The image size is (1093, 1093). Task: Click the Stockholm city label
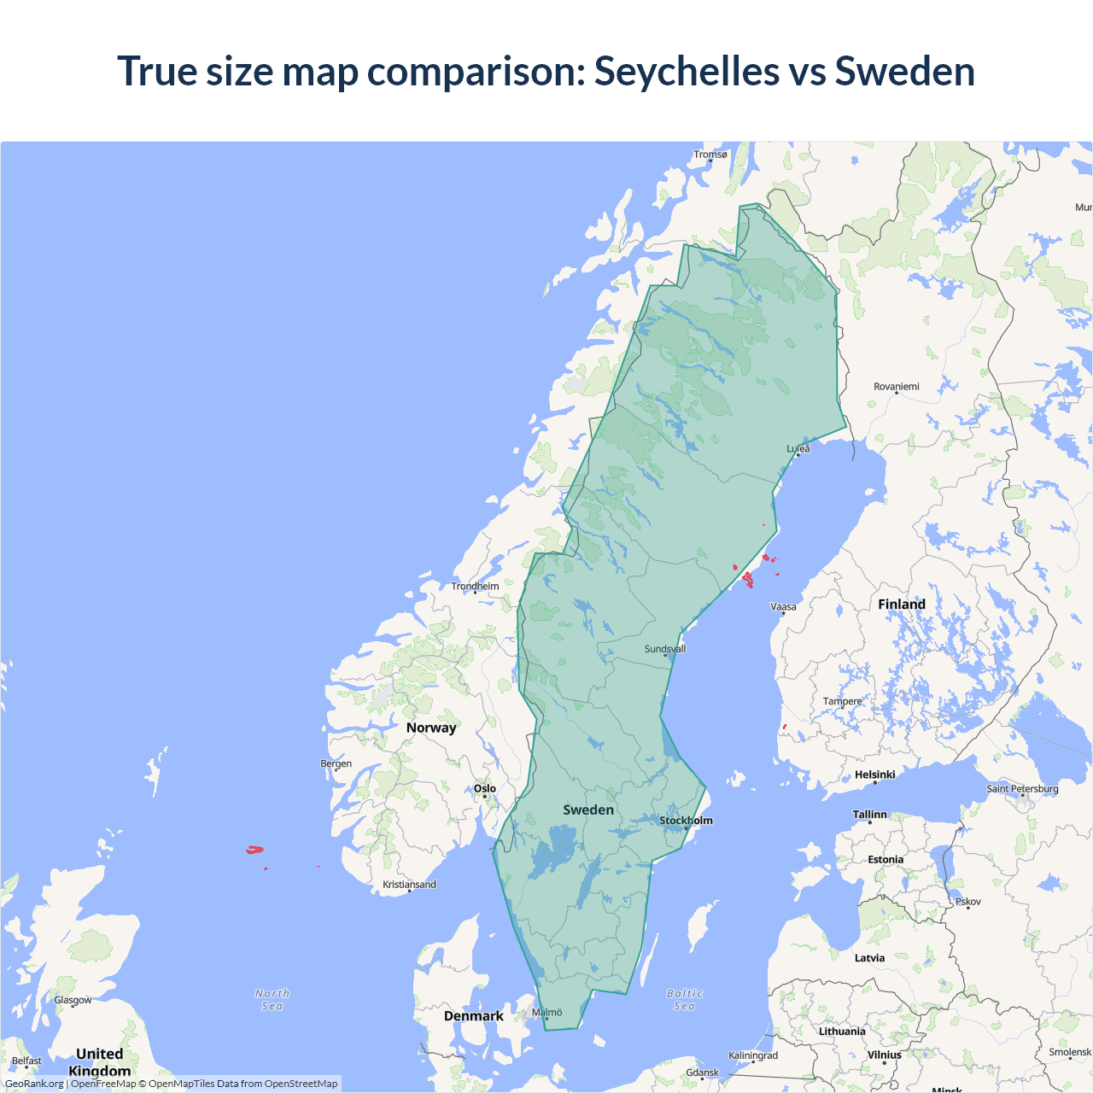point(686,821)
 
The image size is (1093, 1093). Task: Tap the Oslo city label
point(485,788)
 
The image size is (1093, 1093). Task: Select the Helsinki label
point(875,774)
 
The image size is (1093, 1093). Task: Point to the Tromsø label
point(710,155)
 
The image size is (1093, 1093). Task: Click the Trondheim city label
point(475,586)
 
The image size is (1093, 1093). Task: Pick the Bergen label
point(336,763)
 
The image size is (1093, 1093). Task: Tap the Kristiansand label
point(409,885)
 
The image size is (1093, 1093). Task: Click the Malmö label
point(547,1013)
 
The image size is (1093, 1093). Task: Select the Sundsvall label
point(665,649)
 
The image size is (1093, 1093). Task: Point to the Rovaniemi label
point(897,387)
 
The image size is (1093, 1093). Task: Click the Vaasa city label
point(783,607)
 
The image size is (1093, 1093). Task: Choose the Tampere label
point(843,701)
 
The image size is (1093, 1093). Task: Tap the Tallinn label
point(870,815)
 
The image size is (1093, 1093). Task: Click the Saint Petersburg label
point(1022,789)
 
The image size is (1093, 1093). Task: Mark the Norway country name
point(431,728)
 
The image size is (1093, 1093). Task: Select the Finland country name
point(902,605)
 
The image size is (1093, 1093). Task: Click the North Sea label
point(272,1000)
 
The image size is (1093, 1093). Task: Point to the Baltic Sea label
point(685,1000)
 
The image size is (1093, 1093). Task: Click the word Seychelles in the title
point(687,71)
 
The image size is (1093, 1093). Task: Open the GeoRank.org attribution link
point(34,1084)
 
